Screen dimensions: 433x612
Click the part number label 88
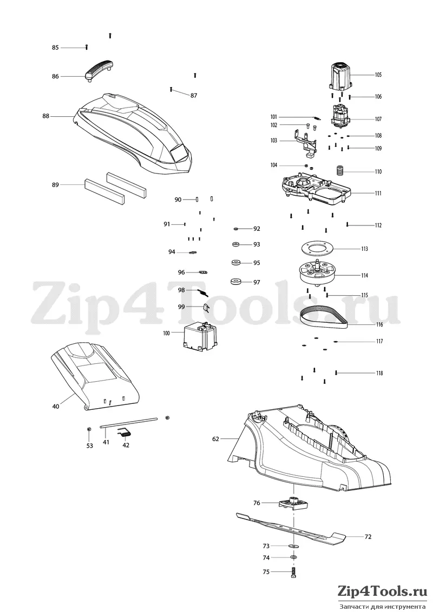tap(45, 116)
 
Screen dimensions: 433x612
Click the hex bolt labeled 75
tap(293, 573)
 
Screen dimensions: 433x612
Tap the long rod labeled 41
tap(129, 423)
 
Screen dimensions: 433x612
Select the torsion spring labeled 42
tap(125, 433)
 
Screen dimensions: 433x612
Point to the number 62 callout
tap(216, 439)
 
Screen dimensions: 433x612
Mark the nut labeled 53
tap(89, 429)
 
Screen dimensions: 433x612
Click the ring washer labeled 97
tap(235, 281)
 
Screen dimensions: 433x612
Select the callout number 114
tap(364, 275)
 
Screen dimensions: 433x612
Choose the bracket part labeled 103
tap(306, 143)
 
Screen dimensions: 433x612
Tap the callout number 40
tap(56, 407)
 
